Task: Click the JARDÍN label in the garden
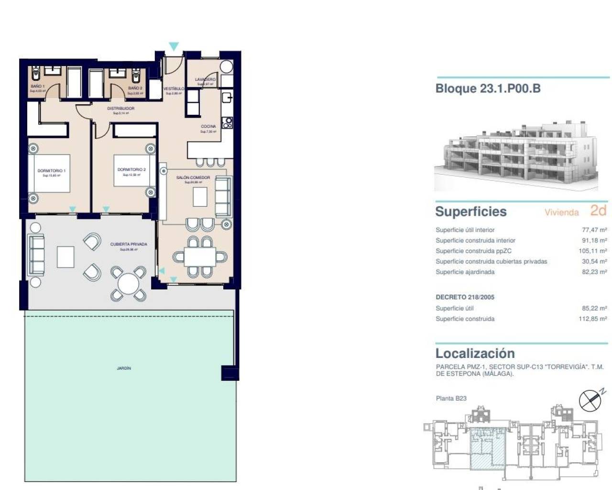(124, 368)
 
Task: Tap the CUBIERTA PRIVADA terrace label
(129, 244)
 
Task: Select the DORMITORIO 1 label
(52, 171)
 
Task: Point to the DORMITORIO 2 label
(131, 169)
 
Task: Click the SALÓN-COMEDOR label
(193, 178)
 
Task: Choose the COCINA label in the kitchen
(208, 126)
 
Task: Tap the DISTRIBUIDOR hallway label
(120, 109)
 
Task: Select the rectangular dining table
(200, 257)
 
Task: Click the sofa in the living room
(223, 196)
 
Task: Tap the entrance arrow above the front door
(174, 46)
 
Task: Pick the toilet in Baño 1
(36, 74)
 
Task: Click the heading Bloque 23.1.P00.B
(488, 89)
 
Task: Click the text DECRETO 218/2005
(465, 297)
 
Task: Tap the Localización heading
(475, 354)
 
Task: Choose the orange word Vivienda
(561, 212)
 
